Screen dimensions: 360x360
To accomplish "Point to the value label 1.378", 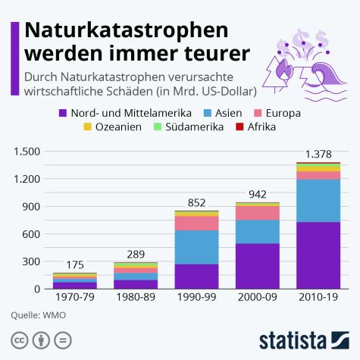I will pyautogui.click(x=318, y=154).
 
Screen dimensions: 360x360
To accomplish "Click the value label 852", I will pyautogui.click(x=196, y=202).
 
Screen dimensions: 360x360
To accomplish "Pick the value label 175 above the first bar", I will pyautogui.click(x=74, y=265).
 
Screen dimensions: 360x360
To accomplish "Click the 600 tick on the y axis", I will pyautogui.click(x=30, y=233).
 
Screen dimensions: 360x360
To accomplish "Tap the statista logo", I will pyautogui.click(x=303, y=338).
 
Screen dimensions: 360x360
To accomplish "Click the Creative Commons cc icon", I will pyautogui.click(x=20, y=338).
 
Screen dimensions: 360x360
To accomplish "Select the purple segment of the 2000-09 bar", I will pyautogui.click(x=256, y=265).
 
